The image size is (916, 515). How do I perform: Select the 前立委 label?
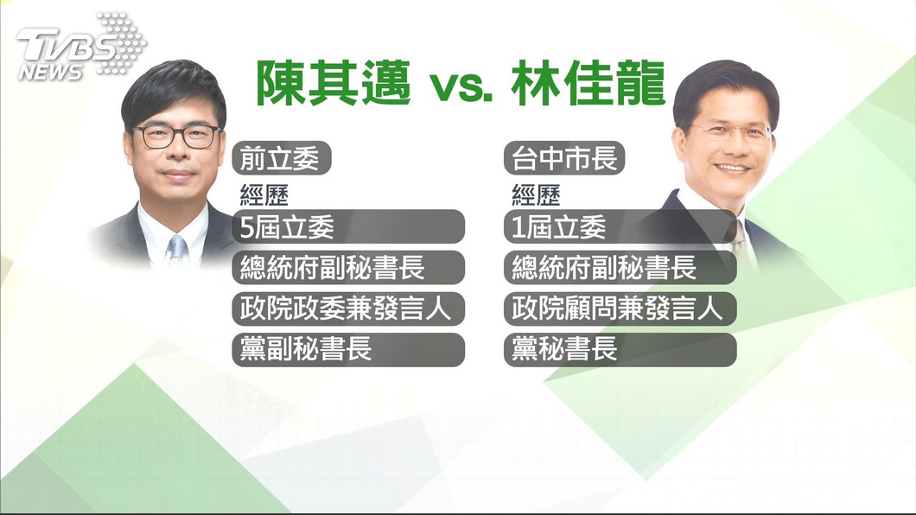tap(282, 158)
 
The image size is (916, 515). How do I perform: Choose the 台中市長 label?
tap(564, 158)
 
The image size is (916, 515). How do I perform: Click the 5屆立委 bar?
tap(348, 226)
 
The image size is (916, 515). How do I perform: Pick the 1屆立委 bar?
tap(620, 226)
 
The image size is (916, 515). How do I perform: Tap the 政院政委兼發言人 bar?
tap(348, 308)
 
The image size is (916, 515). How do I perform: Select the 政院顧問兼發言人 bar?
tap(620, 308)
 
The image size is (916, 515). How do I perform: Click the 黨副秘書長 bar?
tap(348, 350)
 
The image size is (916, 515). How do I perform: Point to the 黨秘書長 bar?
tap(620, 350)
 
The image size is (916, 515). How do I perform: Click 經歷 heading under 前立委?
tap(264, 195)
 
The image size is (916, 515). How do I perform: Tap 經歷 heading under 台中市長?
tap(536, 195)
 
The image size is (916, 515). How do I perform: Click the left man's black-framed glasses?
tap(176, 137)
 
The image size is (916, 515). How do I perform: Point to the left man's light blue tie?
tap(176, 250)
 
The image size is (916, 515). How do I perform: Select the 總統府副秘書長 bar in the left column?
tap(348, 267)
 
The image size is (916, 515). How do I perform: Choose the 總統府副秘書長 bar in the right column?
tap(620, 267)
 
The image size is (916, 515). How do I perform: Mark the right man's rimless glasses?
tap(731, 132)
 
